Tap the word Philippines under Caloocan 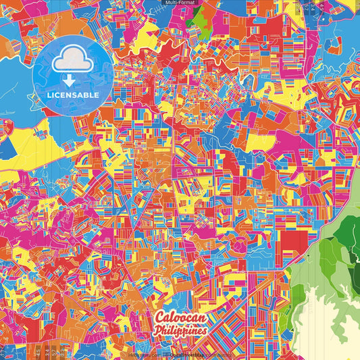(180, 331)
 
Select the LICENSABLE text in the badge (74, 95)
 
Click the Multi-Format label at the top (179, 3)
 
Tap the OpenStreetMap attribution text (176, 355)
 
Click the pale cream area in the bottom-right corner (324, 324)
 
